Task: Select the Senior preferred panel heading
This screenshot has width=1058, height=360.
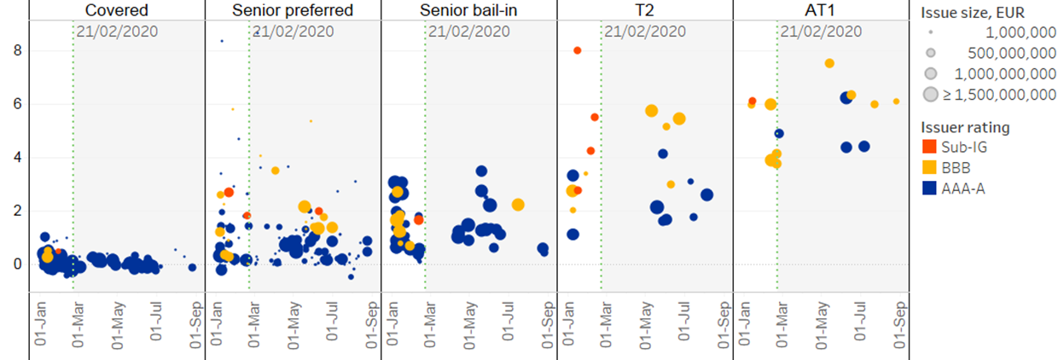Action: [x=293, y=10]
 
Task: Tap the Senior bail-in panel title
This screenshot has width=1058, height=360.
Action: [x=468, y=10]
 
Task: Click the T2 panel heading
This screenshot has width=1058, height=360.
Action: [x=644, y=10]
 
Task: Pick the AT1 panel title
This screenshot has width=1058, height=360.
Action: [x=820, y=10]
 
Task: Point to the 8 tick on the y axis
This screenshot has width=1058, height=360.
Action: [x=17, y=51]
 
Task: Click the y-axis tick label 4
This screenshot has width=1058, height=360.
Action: [x=17, y=158]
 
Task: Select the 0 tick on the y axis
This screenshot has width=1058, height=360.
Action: [x=17, y=264]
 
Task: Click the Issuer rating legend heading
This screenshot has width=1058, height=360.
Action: [x=965, y=128]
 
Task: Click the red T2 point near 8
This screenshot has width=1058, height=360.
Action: [x=578, y=50]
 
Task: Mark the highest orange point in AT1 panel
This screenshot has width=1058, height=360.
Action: [x=829, y=63]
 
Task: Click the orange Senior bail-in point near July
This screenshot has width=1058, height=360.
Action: [x=518, y=205]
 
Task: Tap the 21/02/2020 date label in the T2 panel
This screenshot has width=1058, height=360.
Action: [x=645, y=32]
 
